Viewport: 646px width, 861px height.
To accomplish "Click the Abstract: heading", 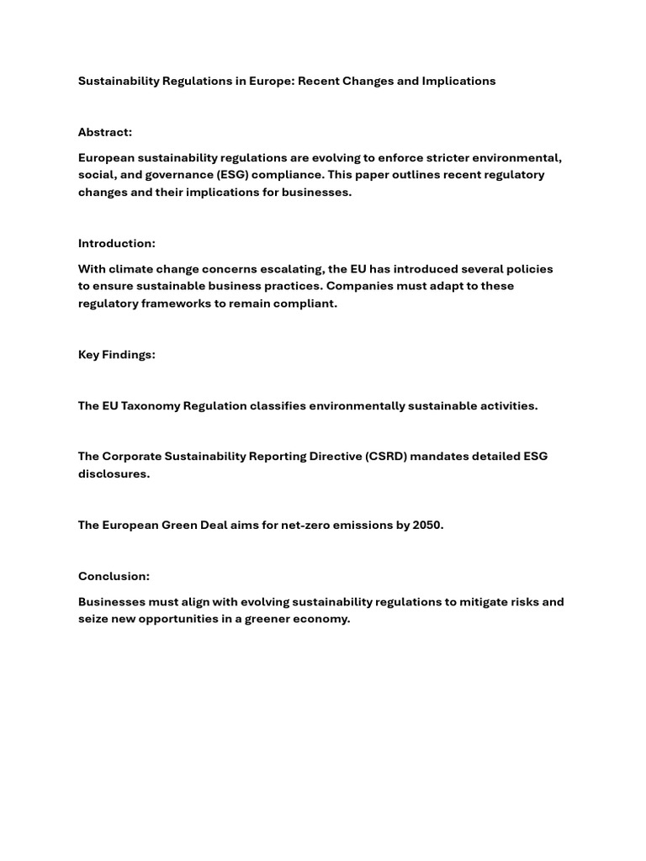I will click(x=105, y=132).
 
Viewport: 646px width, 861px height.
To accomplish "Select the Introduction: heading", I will click(x=117, y=243).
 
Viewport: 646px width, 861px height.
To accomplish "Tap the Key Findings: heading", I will click(x=117, y=354).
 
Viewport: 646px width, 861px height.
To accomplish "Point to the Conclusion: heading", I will click(x=114, y=576).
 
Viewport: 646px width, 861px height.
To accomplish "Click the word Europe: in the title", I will click(x=269, y=81).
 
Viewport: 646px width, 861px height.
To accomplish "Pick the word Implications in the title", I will click(x=459, y=81).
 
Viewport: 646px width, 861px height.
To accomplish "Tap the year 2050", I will click(x=426, y=525).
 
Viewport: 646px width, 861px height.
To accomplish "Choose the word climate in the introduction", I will click(x=132, y=269).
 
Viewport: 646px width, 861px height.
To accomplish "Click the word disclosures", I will click(x=114, y=473).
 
